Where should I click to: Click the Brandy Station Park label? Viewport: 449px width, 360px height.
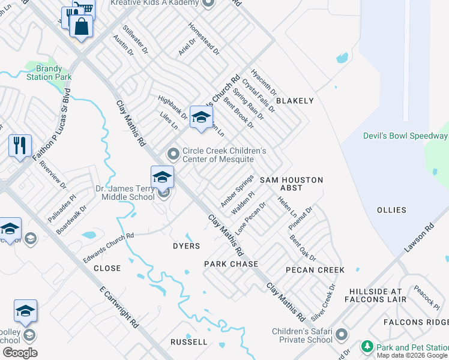(49, 73)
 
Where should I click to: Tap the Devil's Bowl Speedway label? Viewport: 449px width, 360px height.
(405, 136)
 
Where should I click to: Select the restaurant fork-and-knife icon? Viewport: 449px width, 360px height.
(20, 145)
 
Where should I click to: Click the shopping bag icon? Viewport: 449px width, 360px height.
(80, 26)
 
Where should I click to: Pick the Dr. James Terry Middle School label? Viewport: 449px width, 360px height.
(125, 193)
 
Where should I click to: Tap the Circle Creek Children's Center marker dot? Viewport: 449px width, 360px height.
(173, 155)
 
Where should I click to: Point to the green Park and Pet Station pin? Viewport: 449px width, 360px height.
(366, 347)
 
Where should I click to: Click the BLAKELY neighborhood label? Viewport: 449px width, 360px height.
(295, 101)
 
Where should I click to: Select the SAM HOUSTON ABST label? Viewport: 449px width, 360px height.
(291, 184)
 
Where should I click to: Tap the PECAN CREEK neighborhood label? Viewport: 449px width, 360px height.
(315, 270)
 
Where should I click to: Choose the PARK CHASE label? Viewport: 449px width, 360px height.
(231, 264)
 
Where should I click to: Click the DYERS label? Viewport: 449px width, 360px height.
(186, 246)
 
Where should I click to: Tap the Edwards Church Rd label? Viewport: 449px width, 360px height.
(108, 247)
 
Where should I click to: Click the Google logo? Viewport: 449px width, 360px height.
(20, 353)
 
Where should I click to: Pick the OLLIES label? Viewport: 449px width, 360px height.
(391, 210)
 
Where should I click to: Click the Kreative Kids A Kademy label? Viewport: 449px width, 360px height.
(155, 3)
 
